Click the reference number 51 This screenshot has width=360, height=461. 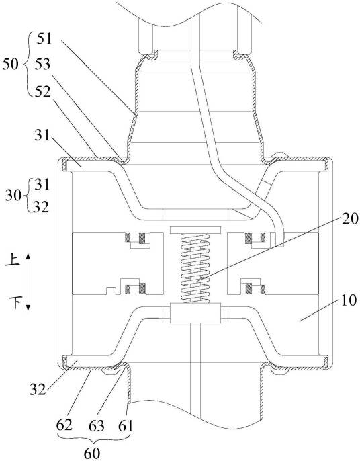tap(44, 38)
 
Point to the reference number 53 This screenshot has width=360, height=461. tap(42, 64)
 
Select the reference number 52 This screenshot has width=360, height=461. tap(42, 91)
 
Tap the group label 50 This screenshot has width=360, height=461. tap(10, 64)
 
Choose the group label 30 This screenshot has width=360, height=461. tap(13, 195)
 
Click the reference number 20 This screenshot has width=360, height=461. tap(351, 219)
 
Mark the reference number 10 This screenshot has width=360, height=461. tap(349, 300)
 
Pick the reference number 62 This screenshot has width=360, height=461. tap(64, 425)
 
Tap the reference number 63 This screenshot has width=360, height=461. tap(97, 425)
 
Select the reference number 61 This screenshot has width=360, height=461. tap(125, 425)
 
